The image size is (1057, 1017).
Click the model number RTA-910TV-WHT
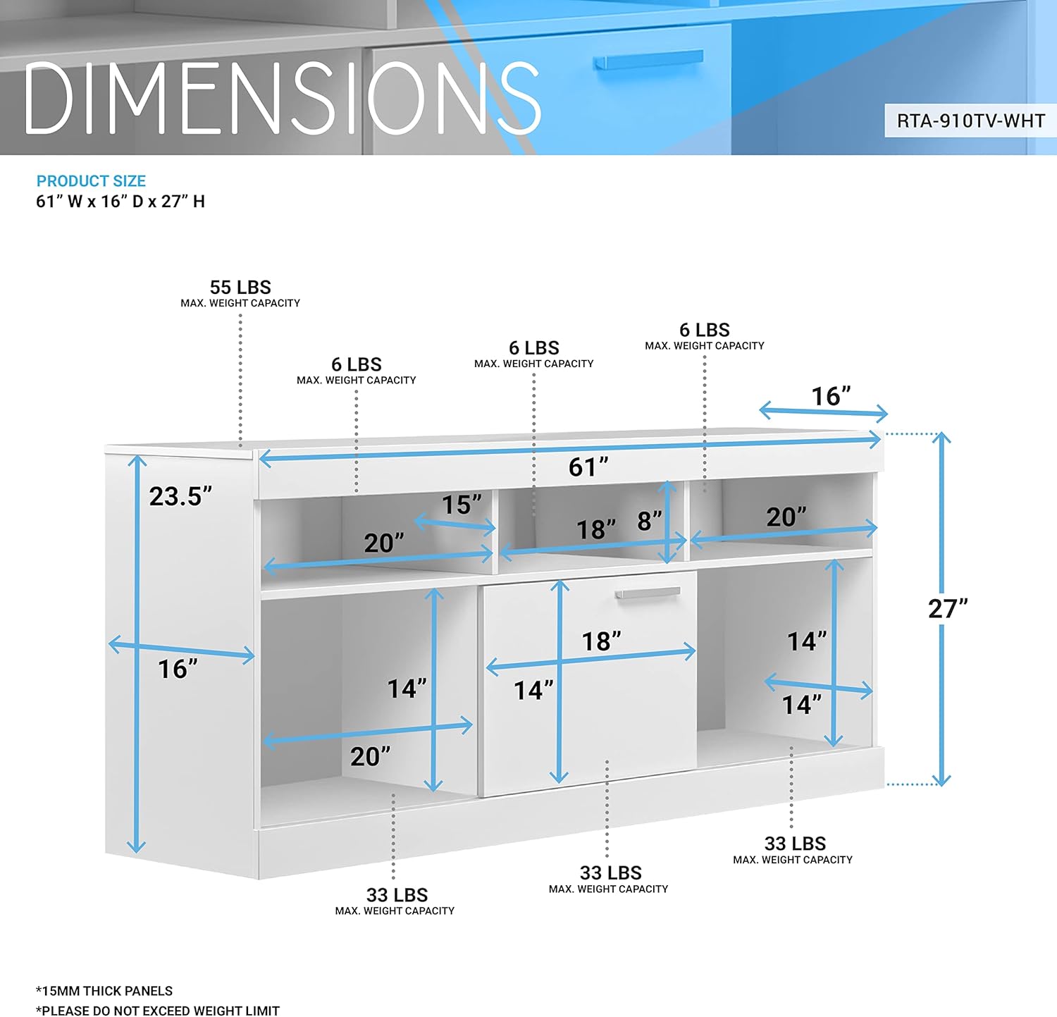point(970,121)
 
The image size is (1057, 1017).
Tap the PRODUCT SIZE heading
point(91,181)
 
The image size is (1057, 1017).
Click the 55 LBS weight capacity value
point(240,288)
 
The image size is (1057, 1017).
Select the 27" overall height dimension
point(948,608)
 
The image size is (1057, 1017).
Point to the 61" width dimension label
point(588,467)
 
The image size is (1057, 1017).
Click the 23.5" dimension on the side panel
point(180,496)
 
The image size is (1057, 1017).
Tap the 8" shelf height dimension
point(649,521)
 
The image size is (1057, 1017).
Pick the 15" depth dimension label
point(462,505)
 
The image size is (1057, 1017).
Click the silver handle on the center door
point(648,593)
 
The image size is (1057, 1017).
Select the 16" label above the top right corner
point(831,396)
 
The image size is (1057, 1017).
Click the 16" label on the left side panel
point(178,669)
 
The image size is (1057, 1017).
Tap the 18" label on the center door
point(601,641)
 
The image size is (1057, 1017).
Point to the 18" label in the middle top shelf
point(596,529)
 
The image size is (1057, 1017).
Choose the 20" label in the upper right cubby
point(786,517)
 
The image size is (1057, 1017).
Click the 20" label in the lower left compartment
point(370,756)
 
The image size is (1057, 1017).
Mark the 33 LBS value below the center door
point(610,873)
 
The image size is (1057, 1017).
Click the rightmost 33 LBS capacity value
point(795,844)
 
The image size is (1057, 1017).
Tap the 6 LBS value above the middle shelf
point(534,348)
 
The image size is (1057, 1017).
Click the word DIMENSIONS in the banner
point(282,99)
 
